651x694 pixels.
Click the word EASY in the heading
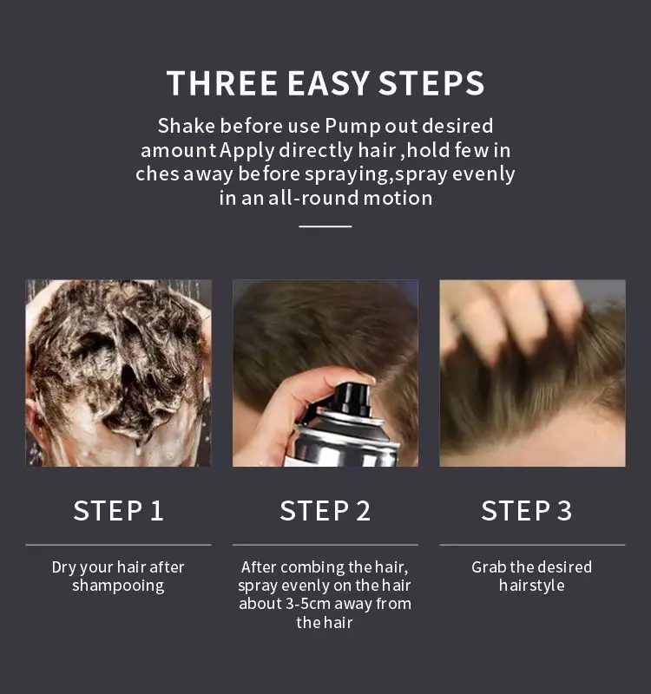[x=329, y=83]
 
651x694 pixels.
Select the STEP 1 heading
[x=118, y=510]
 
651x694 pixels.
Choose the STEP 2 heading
[x=325, y=510]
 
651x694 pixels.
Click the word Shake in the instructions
[x=184, y=126]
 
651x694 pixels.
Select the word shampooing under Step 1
[x=118, y=586]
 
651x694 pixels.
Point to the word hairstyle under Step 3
[x=531, y=586]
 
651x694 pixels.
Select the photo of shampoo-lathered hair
[x=118, y=372]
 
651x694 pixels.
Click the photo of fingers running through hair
[x=531, y=372]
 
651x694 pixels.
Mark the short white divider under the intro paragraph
[x=325, y=226]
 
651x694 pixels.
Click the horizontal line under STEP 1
[x=118, y=545]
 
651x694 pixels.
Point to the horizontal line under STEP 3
[x=531, y=545]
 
